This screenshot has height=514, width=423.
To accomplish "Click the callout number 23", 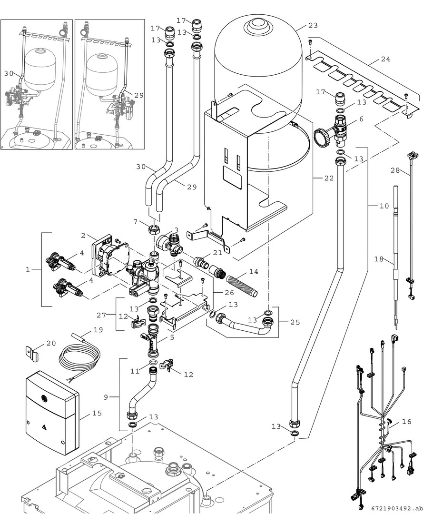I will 313,25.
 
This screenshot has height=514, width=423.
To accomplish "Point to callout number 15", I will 97,414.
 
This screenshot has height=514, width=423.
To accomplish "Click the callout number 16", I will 406,422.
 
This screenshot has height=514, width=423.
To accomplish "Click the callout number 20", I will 51,343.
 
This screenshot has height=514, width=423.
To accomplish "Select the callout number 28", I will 395,170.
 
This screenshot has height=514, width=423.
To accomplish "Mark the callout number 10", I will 384,206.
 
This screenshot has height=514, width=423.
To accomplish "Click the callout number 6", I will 361,119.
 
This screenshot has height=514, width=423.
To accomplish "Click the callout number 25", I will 295,322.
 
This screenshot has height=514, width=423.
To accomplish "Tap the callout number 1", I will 28,269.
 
